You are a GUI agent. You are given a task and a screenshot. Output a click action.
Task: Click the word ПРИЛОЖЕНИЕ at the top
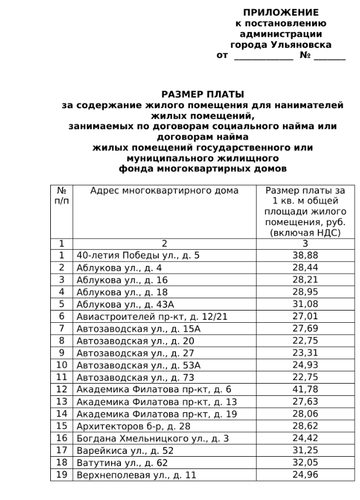[281, 13]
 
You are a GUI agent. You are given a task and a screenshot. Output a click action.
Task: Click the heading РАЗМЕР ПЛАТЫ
[202, 95]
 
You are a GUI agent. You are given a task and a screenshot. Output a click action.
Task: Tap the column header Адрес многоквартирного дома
[164, 191]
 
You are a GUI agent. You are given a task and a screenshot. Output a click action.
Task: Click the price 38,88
[305, 255]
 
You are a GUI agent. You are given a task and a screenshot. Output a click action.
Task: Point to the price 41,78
[305, 389]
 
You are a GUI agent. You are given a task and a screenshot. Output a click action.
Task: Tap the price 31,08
[305, 304]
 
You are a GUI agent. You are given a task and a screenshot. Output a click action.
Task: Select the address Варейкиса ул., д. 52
[125, 450]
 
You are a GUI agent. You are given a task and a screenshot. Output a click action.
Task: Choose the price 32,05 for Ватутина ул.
[305, 463]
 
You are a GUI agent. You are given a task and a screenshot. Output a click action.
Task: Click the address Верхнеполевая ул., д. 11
[136, 475]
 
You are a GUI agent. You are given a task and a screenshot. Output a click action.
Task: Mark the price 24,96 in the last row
[305, 475]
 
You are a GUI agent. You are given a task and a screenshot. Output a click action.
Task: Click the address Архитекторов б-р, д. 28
[134, 426]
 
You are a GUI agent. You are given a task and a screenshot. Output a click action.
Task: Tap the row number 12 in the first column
[61, 389]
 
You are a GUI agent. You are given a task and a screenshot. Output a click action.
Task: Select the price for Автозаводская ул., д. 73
[305, 377]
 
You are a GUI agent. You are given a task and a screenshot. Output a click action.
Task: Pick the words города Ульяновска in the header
[281, 45]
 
